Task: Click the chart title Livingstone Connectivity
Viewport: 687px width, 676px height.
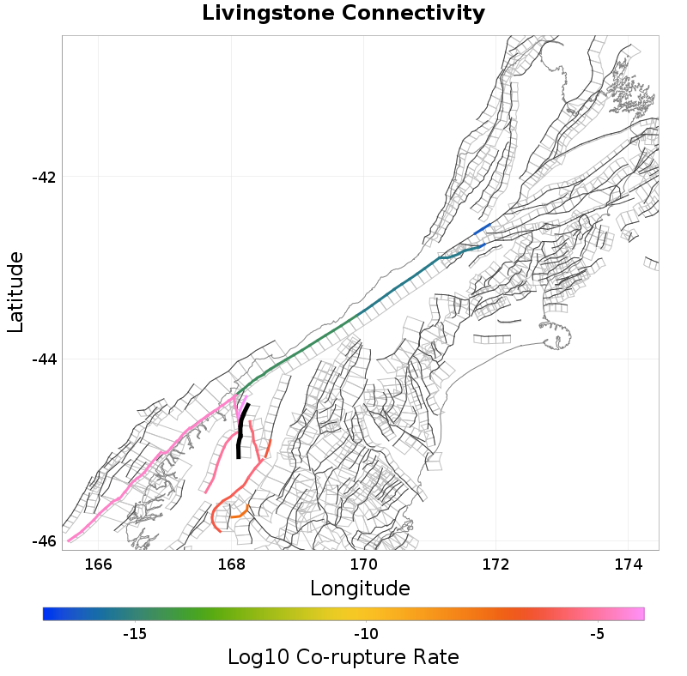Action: (343, 14)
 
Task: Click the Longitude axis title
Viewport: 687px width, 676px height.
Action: (360, 588)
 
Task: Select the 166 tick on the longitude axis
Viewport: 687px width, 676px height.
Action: (99, 564)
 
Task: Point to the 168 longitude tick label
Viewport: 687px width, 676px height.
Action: (231, 564)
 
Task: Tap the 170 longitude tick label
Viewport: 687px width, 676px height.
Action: (363, 564)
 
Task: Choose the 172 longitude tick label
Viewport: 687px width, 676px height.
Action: (496, 564)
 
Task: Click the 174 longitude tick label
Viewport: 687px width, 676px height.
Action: (629, 564)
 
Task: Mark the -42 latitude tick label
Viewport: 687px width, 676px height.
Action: (43, 178)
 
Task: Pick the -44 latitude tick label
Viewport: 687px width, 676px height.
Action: (43, 359)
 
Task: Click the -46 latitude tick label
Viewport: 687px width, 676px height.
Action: (43, 541)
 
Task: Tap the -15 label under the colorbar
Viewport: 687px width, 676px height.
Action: (134, 634)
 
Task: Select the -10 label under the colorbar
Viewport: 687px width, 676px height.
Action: (367, 634)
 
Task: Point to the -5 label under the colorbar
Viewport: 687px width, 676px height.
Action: (598, 634)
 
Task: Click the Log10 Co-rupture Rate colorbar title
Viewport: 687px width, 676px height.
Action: (343, 658)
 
